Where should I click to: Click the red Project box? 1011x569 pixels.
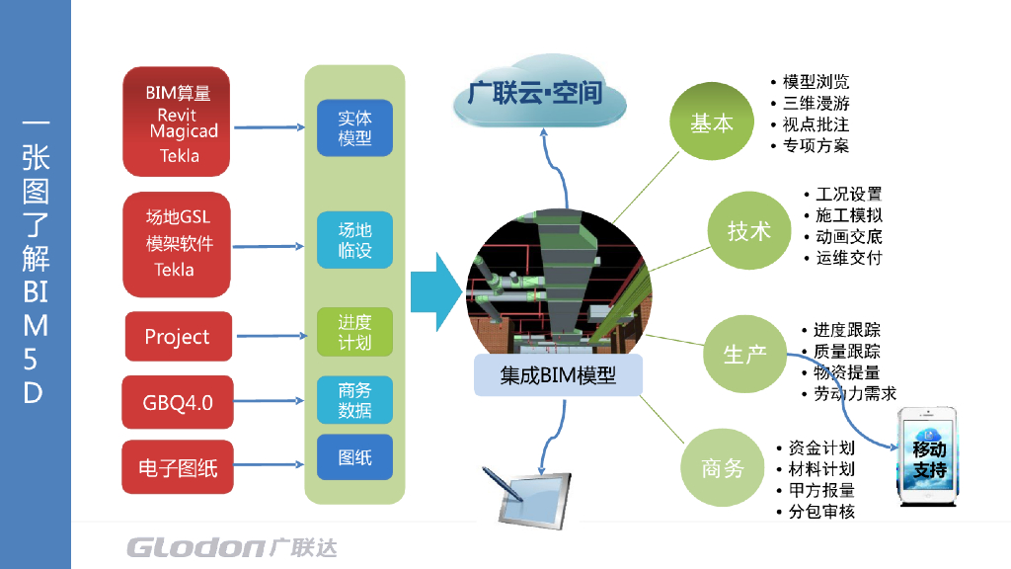178,337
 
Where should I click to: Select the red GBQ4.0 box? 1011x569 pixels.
178,402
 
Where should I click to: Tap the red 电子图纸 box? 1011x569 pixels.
178,467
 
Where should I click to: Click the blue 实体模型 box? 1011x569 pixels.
354,128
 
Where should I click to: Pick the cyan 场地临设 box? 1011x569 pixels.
354,239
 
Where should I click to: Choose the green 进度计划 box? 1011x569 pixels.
354,332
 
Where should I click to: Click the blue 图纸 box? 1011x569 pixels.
354,458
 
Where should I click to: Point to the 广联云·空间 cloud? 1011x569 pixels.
539,97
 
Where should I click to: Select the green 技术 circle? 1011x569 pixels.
748,231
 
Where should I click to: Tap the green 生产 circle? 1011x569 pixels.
744,354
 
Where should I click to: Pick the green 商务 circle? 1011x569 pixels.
722,467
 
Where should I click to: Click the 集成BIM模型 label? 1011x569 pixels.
558,375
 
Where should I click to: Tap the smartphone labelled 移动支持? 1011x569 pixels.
929,460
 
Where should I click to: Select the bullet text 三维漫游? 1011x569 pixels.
816,103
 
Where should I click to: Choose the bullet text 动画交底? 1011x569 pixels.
849,237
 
